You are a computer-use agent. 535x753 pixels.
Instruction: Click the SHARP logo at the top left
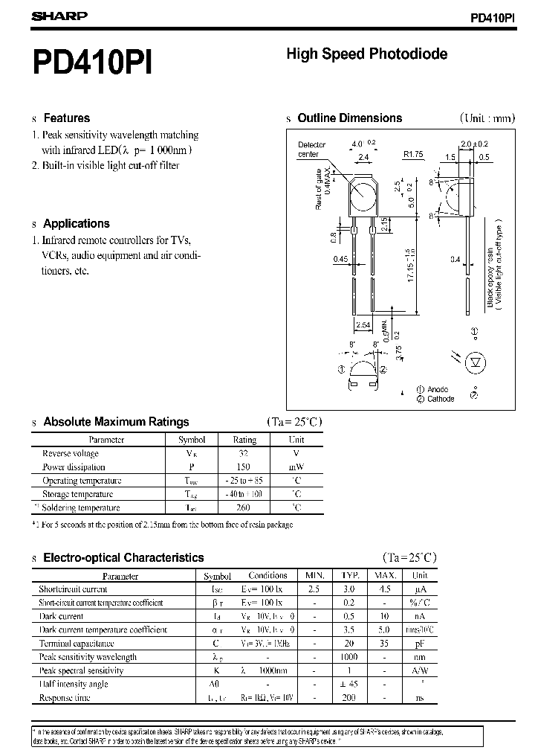coord(59,16)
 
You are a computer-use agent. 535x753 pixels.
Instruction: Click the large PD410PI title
coord(92,63)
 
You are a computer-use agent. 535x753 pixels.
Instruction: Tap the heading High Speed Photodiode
coord(366,54)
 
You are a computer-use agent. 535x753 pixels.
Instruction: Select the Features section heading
coord(66,118)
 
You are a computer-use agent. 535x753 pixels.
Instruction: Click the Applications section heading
coord(76,223)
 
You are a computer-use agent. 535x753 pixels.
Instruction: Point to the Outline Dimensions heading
coord(349,118)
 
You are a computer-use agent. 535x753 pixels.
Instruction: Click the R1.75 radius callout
coord(413,154)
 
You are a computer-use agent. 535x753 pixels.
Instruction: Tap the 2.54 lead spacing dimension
coord(363,325)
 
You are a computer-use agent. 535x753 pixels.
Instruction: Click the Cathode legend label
coord(441,399)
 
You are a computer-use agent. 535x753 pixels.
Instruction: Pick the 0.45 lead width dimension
coord(340,259)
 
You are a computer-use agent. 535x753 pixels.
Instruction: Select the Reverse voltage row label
coord(70,454)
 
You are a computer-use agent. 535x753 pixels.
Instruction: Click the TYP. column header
coord(349,575)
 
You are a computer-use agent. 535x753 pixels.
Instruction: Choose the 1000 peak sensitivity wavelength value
coord(349,657)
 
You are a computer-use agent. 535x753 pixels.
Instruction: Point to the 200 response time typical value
coord(349,697)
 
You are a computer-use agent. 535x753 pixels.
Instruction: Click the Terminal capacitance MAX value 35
coord(383,643)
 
